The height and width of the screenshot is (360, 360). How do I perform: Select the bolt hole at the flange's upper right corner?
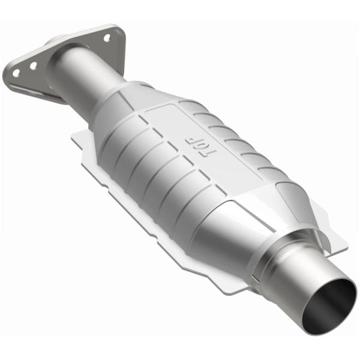pos(107,37)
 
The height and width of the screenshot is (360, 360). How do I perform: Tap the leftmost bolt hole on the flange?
pos(16,73)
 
